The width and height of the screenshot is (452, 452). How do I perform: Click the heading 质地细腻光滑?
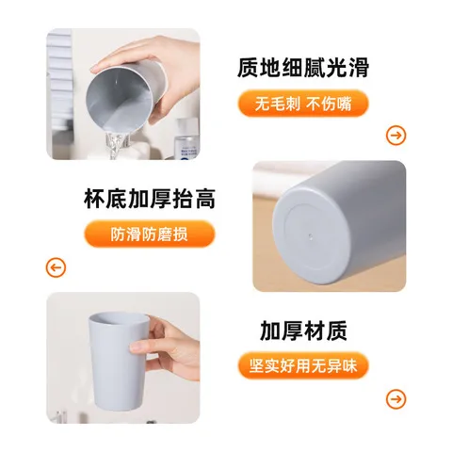[x=302, y=68]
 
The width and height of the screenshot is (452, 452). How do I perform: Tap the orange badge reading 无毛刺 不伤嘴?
[x=302, y=104]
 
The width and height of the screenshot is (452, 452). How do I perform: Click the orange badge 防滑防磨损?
[x=150, y=234]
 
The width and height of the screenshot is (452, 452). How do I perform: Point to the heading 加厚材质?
[x=303, y=331]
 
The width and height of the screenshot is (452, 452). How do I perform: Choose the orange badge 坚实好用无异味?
[x=302, y=365]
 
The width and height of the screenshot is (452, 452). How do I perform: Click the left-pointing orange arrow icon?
[x=56, y=268]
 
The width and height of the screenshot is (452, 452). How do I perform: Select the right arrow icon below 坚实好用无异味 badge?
[x=396, y=398]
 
